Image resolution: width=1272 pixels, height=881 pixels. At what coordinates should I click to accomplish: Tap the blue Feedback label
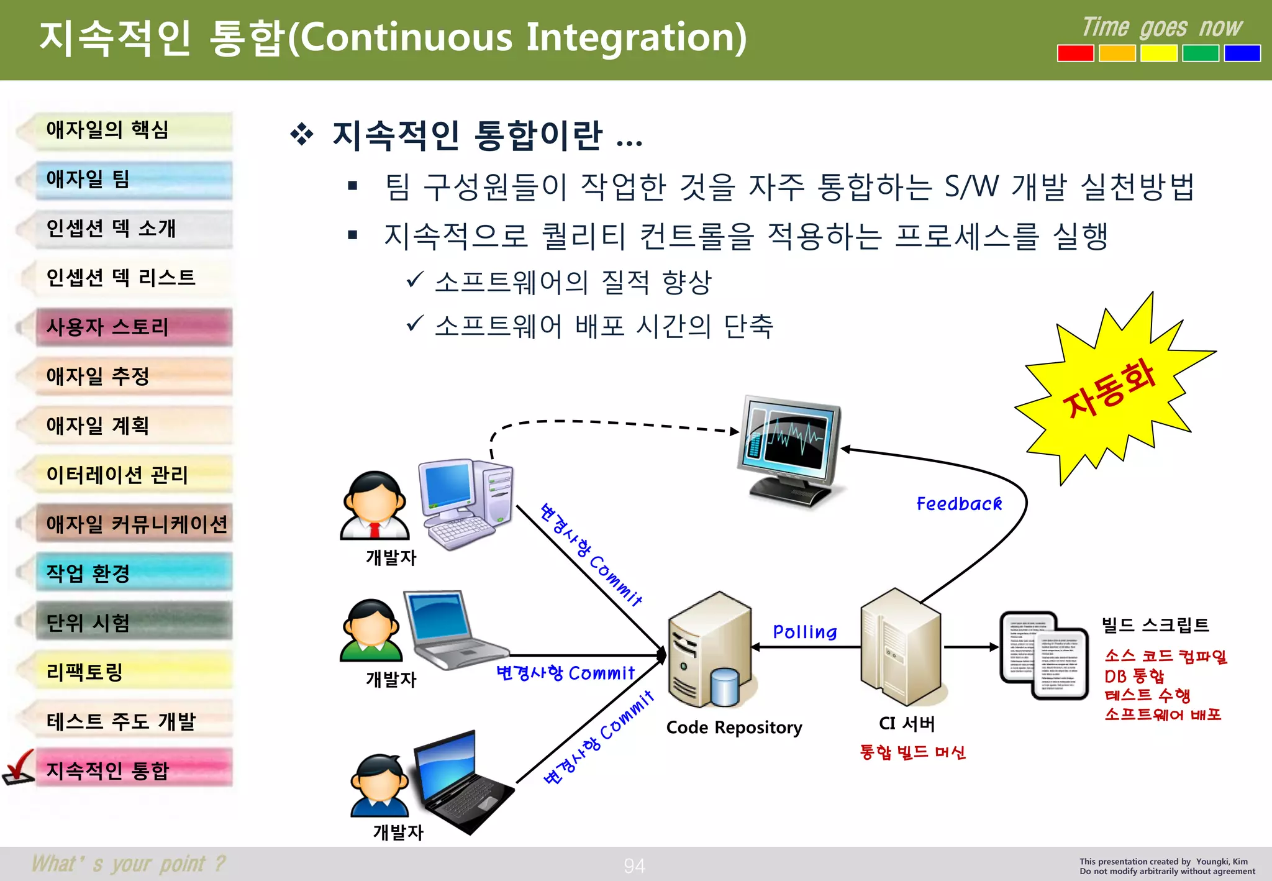click(x=959, y=504)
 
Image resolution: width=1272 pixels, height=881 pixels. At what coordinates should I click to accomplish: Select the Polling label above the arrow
click(x=804, y=632)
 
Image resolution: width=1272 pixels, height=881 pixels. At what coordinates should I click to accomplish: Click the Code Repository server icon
click(x=711, y=652)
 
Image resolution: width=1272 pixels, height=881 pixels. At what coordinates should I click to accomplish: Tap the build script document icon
click(x=1044, y=655)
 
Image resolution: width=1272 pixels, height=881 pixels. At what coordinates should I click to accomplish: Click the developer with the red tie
click(x=375, y=506)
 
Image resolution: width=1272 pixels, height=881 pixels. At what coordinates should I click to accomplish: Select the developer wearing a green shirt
click(x=371, y=631)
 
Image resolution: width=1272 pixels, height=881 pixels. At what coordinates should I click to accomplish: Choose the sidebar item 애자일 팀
click(x=134, y=180)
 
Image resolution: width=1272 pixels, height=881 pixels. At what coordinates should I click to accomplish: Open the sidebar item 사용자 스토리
click(x=134, y=327)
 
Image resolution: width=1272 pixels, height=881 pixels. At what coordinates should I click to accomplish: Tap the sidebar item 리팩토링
click(x=134, y=672)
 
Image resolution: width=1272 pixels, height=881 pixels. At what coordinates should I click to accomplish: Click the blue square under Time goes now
click(x=1242, y=53)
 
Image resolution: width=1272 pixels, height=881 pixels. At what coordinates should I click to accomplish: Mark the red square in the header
click(x=1075, y=53)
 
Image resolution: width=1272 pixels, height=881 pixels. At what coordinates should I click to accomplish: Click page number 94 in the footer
click(x=634, y=865)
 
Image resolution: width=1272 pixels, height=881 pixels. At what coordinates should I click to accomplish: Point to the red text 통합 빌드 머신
click(x=912, y=752)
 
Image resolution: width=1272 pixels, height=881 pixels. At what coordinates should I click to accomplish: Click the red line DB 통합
click(x=1134, y=676)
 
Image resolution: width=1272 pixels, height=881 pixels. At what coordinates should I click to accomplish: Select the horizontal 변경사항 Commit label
click(x=565, y=673)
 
